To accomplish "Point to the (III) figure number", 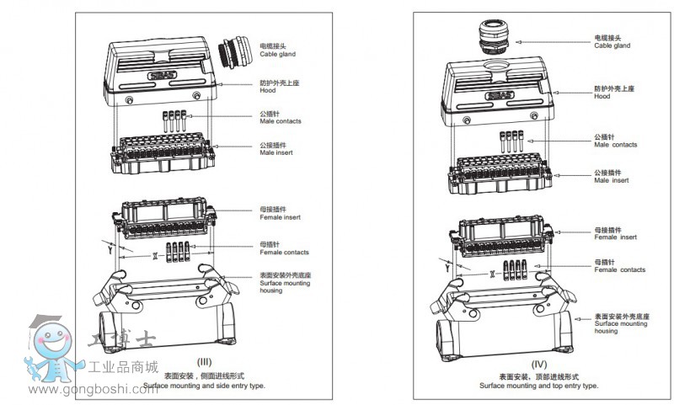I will coord(203,362).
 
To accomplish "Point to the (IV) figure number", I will coord(539,365).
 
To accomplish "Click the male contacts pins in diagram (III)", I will coord(176,119).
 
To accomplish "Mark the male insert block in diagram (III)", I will coord(160,155).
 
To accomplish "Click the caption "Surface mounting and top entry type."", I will coord(539,385).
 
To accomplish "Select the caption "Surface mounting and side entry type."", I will coord(203,385).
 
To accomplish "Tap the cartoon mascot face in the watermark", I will coord(48,344).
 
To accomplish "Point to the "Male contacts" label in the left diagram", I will coord(280,118).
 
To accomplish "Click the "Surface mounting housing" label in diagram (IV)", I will coord(620,322).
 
